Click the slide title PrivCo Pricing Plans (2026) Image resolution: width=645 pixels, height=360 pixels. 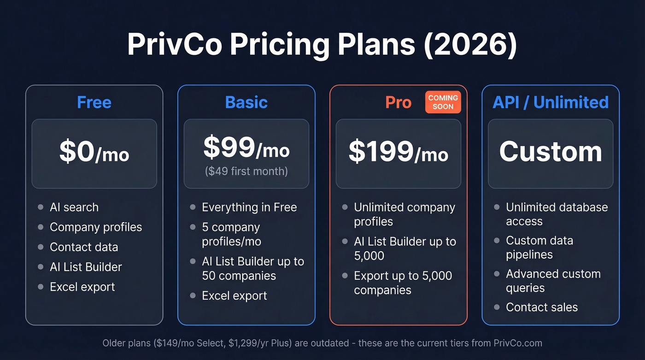click(x=322, y=45)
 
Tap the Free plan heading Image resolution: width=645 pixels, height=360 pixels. click(x=94, y=102)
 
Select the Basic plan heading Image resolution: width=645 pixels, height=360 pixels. click(x=246, y=102)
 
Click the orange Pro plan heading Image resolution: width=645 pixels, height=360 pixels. click(x=398, y=102)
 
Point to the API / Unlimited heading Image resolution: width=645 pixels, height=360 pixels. click(x=551, y=102)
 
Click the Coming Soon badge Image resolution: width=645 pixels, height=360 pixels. click(x=443, y=102)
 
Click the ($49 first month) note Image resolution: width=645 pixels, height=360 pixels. click(x=246, y=171)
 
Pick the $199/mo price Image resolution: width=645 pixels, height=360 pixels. click(x=398, y=152)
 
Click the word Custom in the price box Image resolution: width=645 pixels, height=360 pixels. click(x=551, y=152)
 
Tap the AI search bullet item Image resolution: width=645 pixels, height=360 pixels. click(x=74, y=207)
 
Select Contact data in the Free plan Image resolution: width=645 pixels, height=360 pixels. click(x=84, y=247)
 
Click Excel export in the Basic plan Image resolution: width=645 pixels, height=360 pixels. click(x=234, y=296)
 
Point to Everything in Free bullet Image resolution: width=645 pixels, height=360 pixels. click(x=249, y=207)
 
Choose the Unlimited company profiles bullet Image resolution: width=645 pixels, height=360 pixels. click(x=404, y=214)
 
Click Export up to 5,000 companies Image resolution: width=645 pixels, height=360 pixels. click(x=403, y=283)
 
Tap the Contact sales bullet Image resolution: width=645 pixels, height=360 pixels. click(x=541, y=307)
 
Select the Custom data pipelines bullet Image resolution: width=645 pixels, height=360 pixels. click(x=539, y=248)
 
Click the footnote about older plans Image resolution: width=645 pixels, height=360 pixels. click(x=322, y=343)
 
